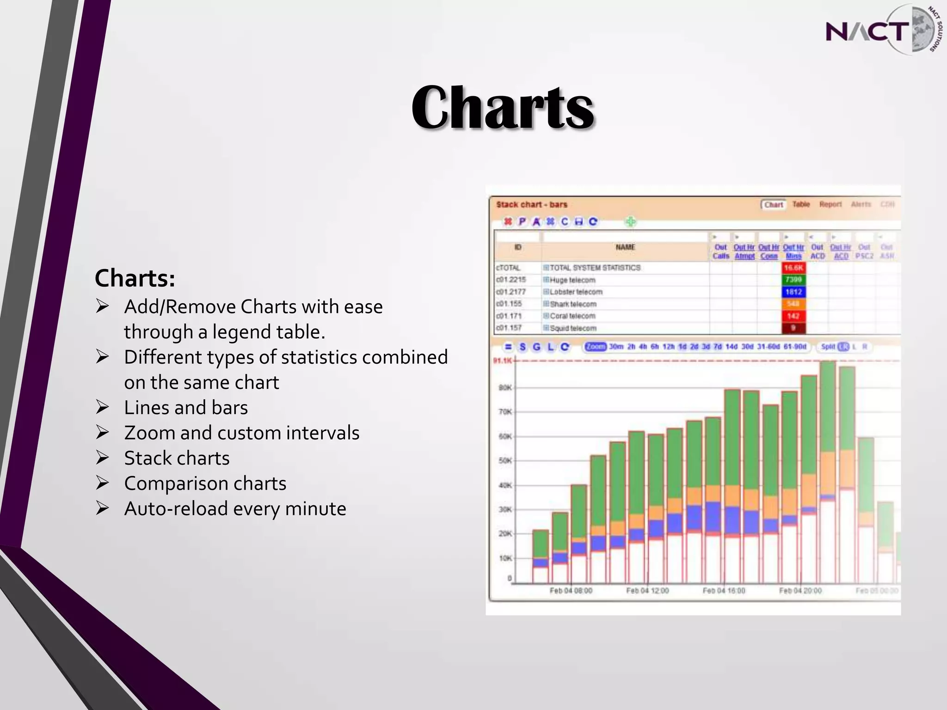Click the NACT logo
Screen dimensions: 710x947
pos(881,31)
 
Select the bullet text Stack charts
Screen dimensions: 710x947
pos(177,458)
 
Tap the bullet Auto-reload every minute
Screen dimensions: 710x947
pos(235,508)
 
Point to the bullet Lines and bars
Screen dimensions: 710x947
pos(186,408)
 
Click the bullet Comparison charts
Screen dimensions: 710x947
pos(205,484)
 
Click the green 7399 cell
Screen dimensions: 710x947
pos(793,280)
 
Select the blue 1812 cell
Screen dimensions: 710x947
pos(793,292)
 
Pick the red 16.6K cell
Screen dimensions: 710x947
pos(793,268)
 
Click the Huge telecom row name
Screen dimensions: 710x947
pos(572,280)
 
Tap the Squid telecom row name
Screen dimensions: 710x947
pos(573,328)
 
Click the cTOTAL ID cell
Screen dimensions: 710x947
pos(508,268)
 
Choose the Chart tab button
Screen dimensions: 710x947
pos(774,204)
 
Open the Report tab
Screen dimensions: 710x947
pos(830,204)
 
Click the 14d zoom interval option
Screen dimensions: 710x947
pos(732,347)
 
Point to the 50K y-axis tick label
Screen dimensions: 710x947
pos(505,461)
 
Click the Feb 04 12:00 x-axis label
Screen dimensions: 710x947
pos(647,591)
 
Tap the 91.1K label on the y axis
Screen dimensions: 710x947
pos(503,361)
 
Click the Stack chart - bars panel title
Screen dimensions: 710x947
pos(532,204)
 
